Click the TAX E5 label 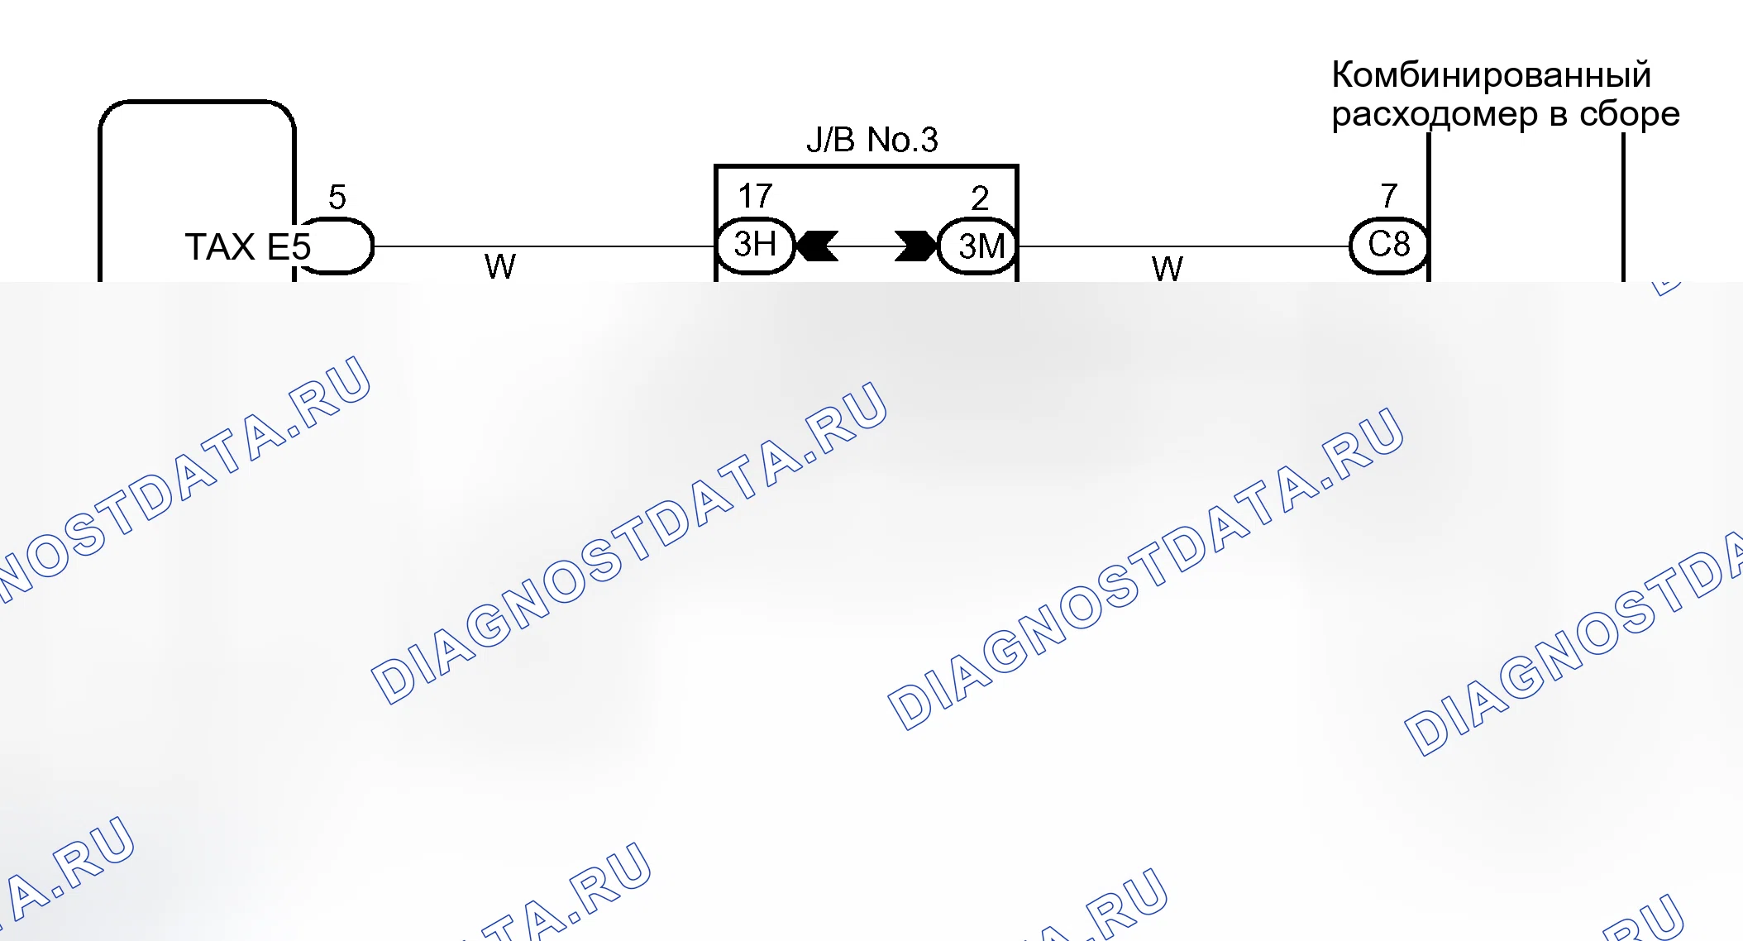[x=247, y=246]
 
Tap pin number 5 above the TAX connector [x=337, y=197]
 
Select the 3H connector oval [x=755, y=246]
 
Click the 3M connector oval [x=978, y=246]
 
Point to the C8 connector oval [x=1389, y=246]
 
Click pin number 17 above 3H [x=755, y=197]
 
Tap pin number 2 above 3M [x=980, y=198]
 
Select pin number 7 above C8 [x=1389, y=196]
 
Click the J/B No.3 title [x=872, y=140]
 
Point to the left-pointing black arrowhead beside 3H [x=817, y=246]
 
